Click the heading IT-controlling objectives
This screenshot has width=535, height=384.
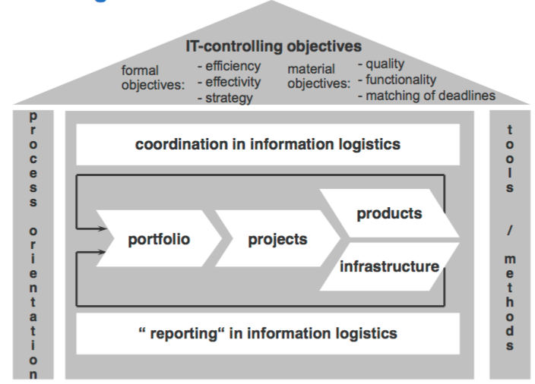coord(274,46)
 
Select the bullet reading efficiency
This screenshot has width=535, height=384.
coord(228,66)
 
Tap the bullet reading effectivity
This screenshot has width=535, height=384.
coord(229,81)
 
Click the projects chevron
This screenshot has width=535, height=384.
coord(277,240)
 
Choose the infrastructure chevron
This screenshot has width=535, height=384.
coord(389,266)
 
